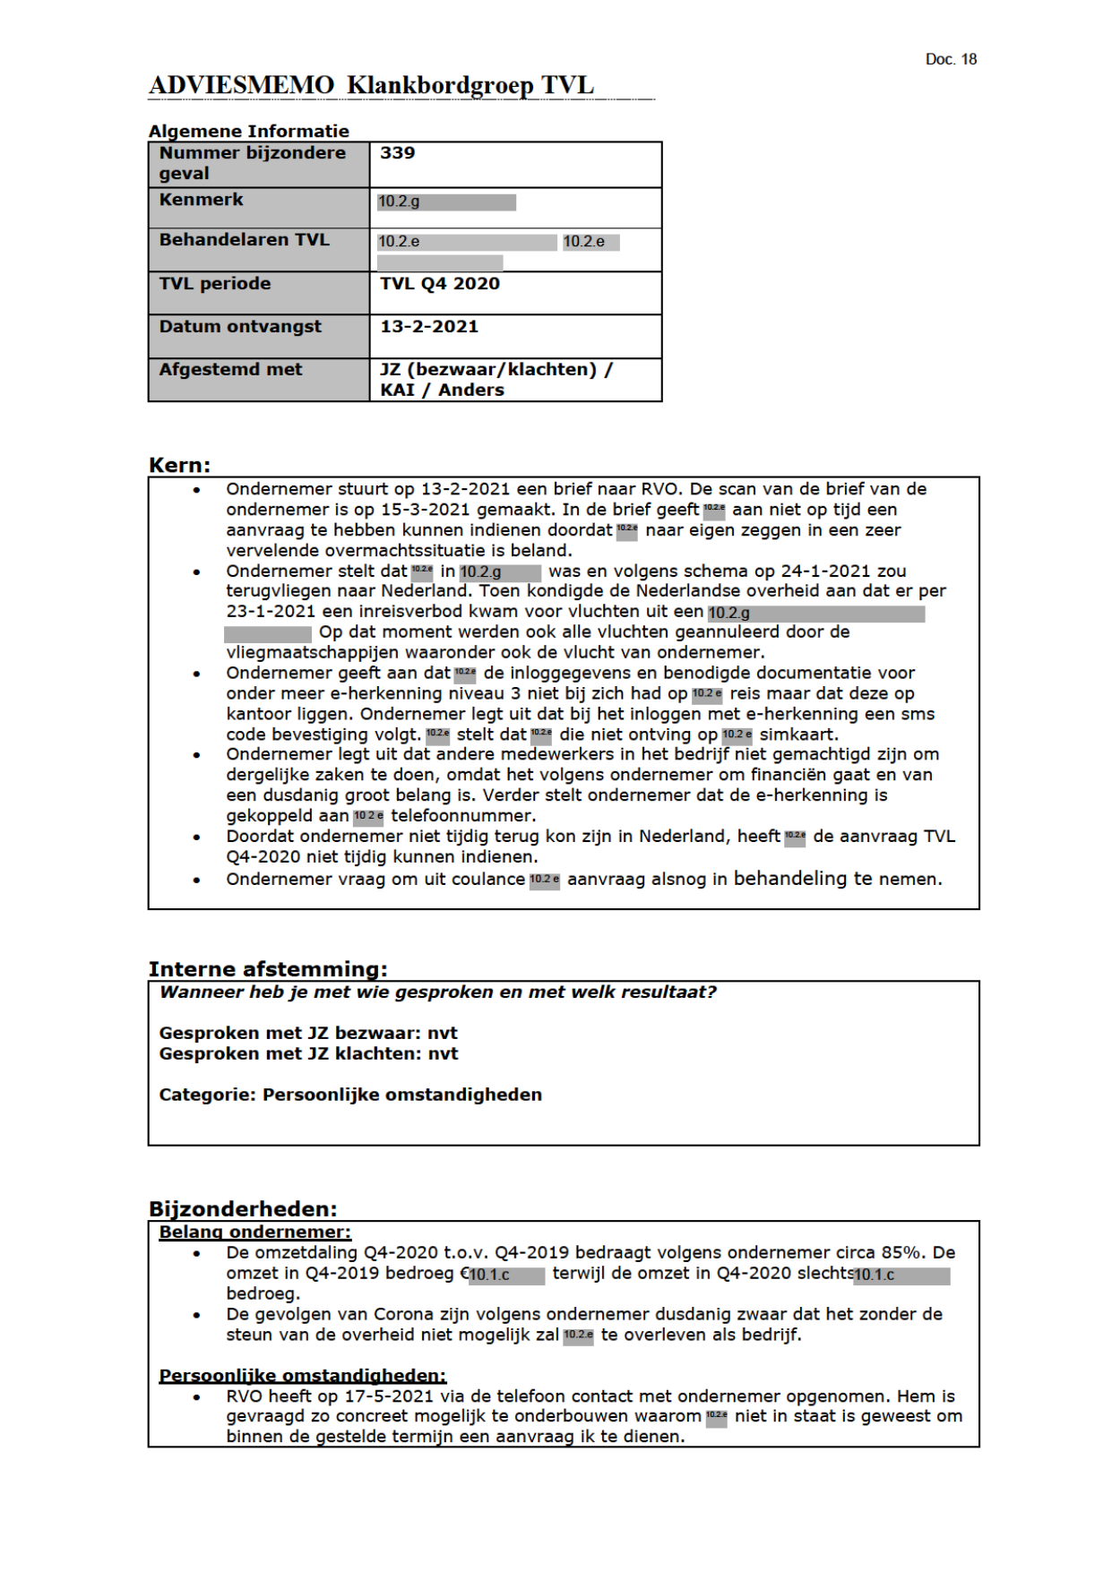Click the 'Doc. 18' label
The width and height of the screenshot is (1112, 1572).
tap(950, 59)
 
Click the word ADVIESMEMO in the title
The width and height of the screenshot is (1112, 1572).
tap(241, 85)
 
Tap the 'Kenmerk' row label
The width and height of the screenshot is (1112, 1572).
tap(201, 200)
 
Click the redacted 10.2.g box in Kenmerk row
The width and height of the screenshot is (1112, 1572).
tap(446, 202)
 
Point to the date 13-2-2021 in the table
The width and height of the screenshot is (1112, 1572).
tap(429, 327)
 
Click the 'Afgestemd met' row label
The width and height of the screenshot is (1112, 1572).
tap(230, 370)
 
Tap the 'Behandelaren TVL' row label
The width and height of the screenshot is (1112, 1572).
tap(244, 240)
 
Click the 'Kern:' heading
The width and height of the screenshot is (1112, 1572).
tap(179, 465)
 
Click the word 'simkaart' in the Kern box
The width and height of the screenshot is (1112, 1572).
tap(797, 734)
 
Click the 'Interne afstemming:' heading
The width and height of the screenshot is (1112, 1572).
tap(267, 969)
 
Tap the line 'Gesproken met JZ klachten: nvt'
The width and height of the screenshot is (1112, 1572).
tap(308, 1054)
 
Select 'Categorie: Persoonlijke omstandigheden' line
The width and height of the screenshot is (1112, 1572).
tap(350, 1095)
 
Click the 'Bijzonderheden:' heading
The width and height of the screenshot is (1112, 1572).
tap(243, 1208)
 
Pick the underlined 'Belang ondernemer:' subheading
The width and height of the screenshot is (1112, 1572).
tap(254, 1233)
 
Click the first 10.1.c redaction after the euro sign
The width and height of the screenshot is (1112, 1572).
tap(506, 1275)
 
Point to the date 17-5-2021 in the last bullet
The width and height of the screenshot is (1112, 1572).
tap(386, 1396)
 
